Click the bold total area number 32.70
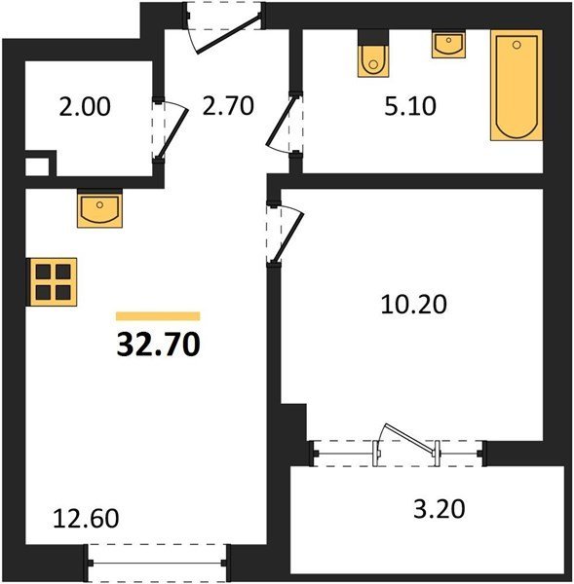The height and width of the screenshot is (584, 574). (159, 345)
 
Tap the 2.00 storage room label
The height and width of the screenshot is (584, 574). (85, 106)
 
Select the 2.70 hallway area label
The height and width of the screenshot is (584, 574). (228, 105)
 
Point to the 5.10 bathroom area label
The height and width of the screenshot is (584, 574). (410, 106)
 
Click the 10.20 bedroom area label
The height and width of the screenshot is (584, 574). (413, 305)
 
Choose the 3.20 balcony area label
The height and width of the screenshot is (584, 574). (440, 509)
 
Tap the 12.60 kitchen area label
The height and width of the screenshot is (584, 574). (86, 519)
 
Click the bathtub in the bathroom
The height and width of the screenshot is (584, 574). (517, 86)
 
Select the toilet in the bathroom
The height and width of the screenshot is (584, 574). (373, 61)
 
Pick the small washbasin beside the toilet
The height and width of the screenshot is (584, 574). (449, 45)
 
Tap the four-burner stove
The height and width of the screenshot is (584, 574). (54, 282)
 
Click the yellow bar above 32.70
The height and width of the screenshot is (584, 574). (158, 316)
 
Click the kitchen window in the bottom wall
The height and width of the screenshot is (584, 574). (157, 564)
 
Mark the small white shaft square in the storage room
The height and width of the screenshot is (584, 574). (37, 166)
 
